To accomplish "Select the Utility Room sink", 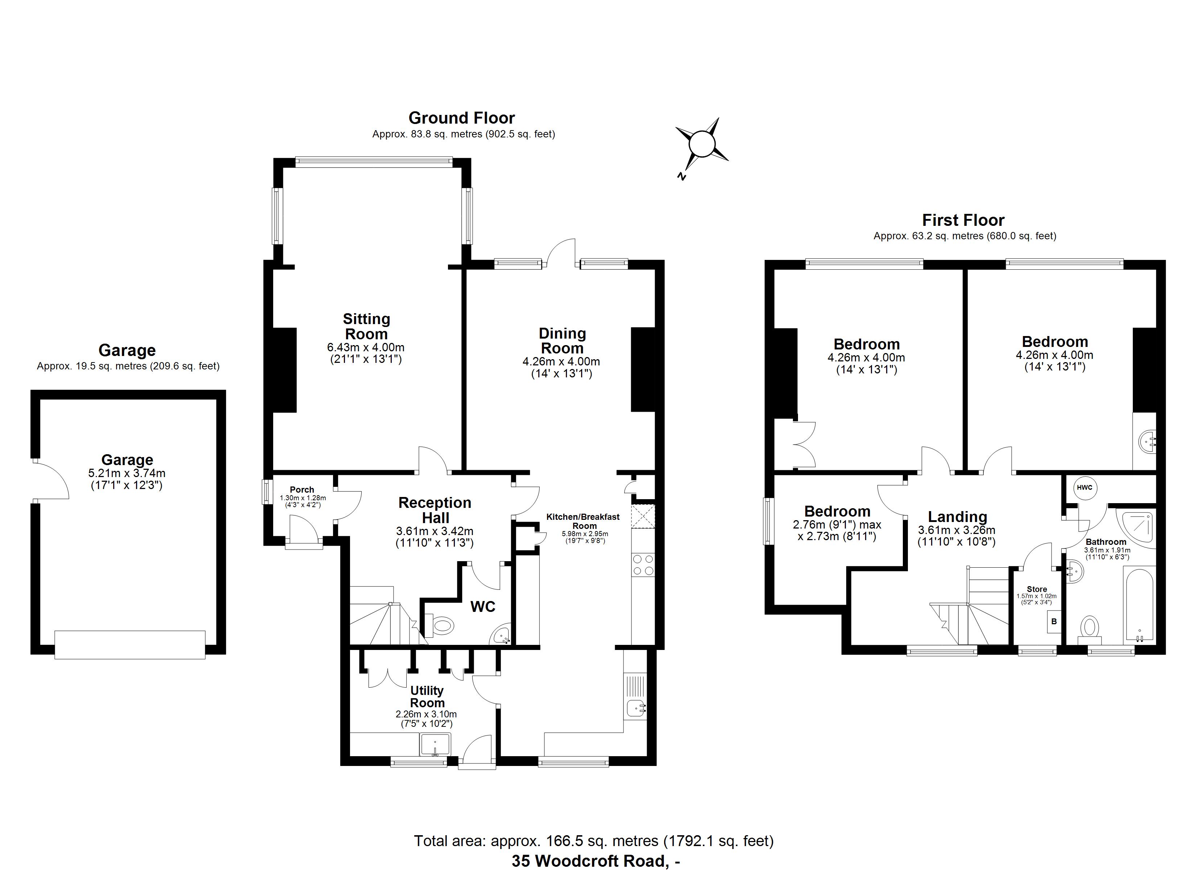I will click(435, 745).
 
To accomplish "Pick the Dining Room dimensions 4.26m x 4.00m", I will click(561, 362).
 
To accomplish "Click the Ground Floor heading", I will click(461, 118).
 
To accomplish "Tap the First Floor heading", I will click(963, 220).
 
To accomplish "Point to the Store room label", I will click(1037, 589).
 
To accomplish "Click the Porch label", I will click(302, 490).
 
